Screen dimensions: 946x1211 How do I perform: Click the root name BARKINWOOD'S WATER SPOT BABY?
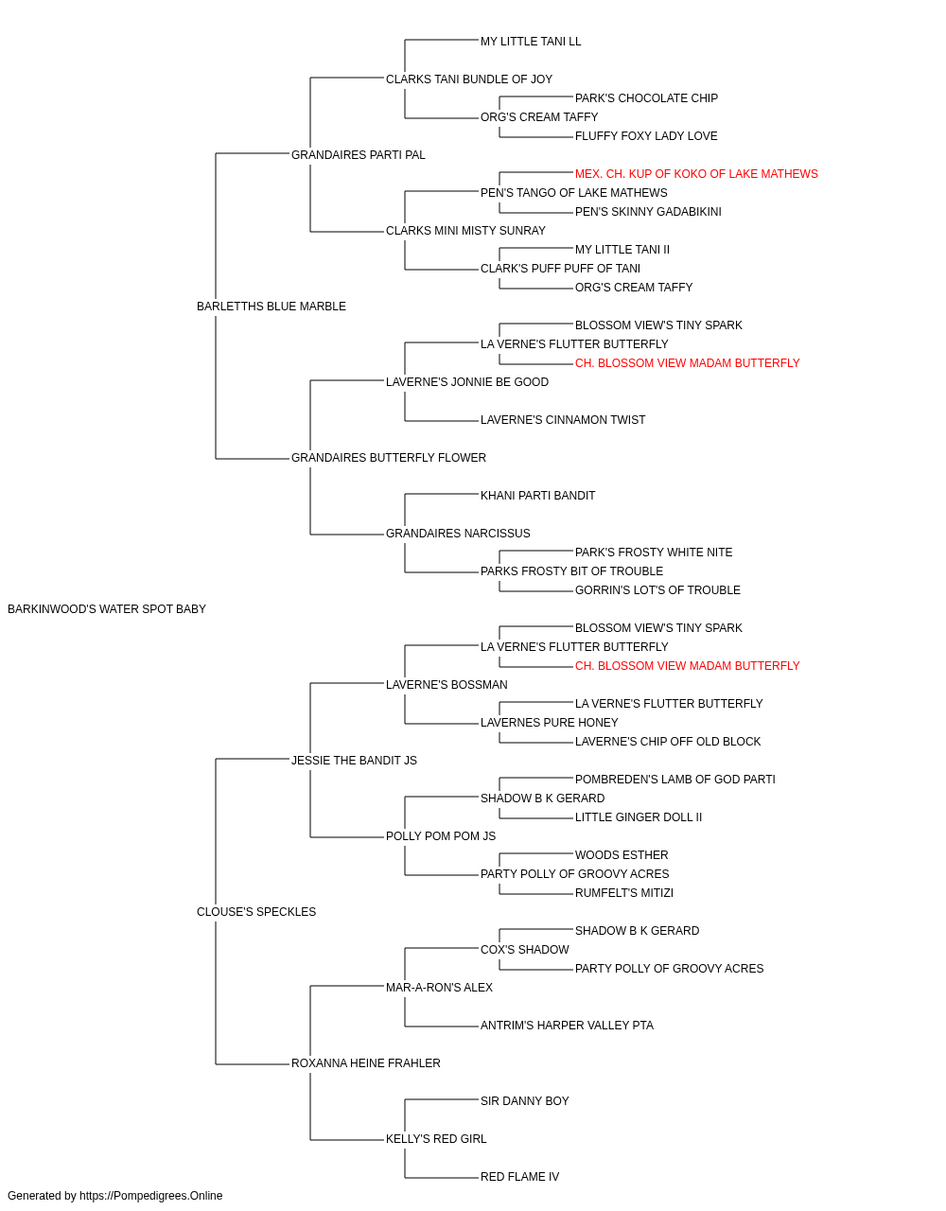point(106,609)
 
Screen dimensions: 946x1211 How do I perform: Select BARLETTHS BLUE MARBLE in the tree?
point(271,307)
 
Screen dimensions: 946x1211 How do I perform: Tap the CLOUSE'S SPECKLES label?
point(255,912)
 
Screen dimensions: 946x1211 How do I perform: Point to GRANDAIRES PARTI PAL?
point(358,155)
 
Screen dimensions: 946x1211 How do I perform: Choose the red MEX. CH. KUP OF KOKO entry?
point(696,174)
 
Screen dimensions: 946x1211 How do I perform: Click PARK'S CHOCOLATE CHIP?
point(646,98)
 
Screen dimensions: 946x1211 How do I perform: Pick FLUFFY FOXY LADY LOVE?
point(646,136)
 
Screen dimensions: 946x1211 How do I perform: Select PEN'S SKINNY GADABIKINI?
point(648,212)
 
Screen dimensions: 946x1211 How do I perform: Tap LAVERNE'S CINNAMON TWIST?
point(563,420)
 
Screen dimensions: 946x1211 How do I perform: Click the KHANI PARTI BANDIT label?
point(537,496)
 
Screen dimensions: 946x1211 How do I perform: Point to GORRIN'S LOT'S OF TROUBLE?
point(657,590)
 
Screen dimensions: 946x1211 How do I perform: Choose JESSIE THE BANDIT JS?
point(354,761)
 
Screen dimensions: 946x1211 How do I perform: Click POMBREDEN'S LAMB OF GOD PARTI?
point(674,780)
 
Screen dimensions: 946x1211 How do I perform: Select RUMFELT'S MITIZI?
point(624,893)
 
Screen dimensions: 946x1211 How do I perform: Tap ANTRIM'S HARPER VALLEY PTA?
point(567,1026)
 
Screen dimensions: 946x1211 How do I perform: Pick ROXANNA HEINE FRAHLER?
point(365,1063)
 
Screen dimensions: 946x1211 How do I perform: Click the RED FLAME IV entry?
point(519,1176)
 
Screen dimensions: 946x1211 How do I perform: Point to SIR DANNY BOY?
point(524,1101)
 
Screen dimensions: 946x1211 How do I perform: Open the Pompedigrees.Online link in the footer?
point(150,1196)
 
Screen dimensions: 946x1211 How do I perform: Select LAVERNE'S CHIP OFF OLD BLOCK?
point(668,742)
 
